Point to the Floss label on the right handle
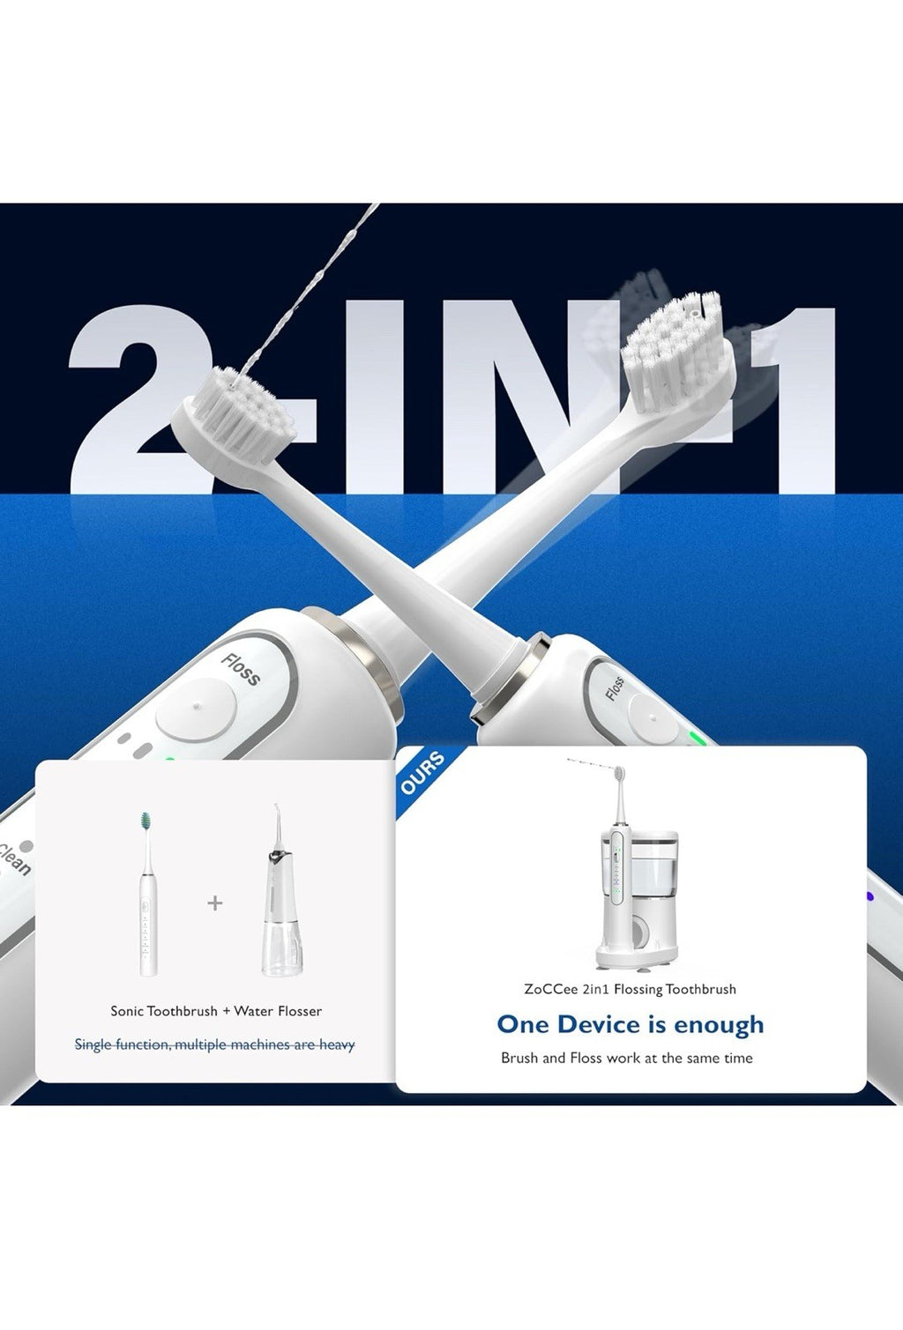[x=615, y=687]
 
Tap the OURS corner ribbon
[x=422, y=773]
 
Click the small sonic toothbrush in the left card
[x=147, y=895]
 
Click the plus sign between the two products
[x=215, y=903]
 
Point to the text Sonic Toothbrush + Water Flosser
[x=216, y=1011]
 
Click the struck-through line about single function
[x=214, y=1044]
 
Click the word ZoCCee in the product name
[x=550, y=989]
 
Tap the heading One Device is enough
[x=630, y=1024]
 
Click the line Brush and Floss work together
[x=626, y=1058]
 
